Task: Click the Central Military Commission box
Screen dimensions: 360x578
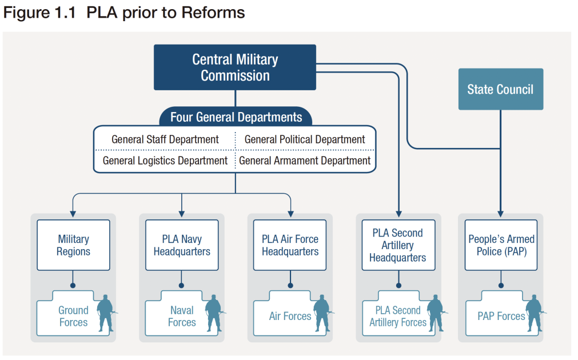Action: click(235, 67)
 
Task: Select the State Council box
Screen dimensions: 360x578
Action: click(500, 89)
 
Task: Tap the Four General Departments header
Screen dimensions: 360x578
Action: click(236, 117)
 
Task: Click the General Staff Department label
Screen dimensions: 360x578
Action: click(165, 139)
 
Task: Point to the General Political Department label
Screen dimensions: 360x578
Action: click(305, 139)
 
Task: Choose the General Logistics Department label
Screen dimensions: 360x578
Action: click(165, 161)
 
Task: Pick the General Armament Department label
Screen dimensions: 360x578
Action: click(305, 161)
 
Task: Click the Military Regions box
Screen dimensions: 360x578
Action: click(73, 245)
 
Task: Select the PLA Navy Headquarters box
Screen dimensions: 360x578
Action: click(182, 245)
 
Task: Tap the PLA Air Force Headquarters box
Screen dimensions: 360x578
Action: click(290, 245)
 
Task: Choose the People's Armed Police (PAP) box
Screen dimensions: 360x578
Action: click(501, 245)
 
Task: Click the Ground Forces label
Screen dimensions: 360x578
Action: click(73, 316)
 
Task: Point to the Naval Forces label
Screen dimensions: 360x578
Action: click(182, 316)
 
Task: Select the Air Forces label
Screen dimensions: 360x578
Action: click(290, 316)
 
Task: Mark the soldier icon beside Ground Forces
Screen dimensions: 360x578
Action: click(105, 313)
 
